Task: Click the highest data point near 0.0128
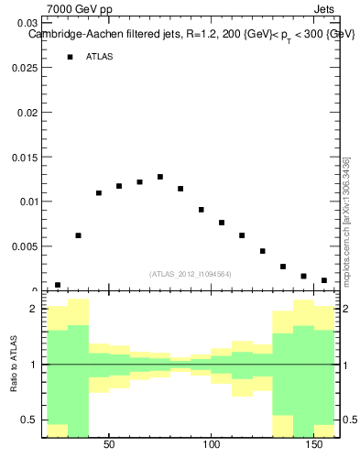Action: [160, 177]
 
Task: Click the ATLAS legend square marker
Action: [70, 57]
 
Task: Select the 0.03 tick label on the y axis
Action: [27, 23]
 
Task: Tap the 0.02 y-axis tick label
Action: [27, 113]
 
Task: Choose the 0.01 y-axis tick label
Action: [27, 202]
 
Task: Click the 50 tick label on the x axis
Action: [109, 445]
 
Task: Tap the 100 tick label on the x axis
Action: [212, 445]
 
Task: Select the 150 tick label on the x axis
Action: [314, 445]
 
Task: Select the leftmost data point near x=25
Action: [58, 285]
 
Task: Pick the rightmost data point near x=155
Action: [324, 280]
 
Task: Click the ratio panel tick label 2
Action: [34, 310]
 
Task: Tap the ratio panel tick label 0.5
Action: [30, 420]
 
